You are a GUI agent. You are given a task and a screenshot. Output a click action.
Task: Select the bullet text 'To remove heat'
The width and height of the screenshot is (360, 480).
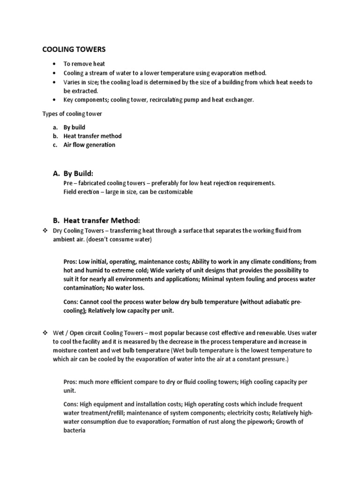[x=84, y=64]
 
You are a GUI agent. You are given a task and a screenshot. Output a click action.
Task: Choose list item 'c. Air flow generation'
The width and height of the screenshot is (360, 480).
[x=89, y=145]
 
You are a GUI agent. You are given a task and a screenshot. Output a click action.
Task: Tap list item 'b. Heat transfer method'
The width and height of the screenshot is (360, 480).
[x=92, y=136]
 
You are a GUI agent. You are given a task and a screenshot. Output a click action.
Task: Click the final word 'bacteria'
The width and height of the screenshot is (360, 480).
[x=74, y=430]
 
